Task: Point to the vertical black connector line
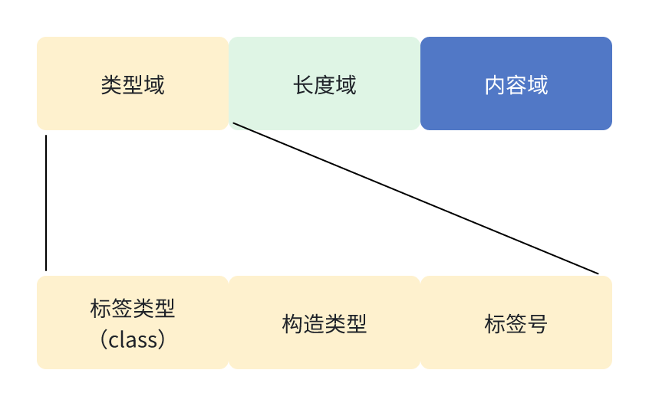[x=46, y=203]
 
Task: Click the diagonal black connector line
[x=414, y=198]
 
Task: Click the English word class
[x=133, y=339]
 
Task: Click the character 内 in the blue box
[x=495, y=84]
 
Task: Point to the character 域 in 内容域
[x=538, y=84]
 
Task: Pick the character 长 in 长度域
[x=303, y=84]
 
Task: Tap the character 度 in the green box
[x=324, y=84]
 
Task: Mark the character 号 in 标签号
[x=538, y=324]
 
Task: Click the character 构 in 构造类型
[x=292, y=324]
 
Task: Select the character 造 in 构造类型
[x=314, y=324]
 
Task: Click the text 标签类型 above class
[x=133, y=309]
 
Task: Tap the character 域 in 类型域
[x=154, y=84]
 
